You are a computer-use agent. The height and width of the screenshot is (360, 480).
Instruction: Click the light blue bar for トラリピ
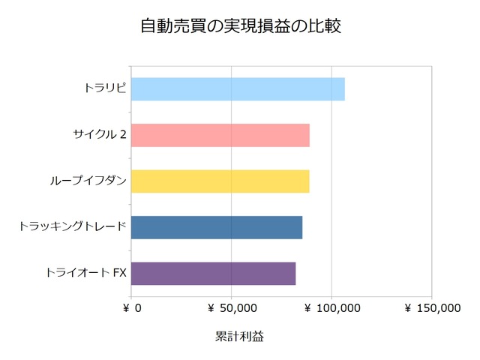(x=238, y=88)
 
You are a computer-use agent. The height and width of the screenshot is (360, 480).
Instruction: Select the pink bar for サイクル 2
(x=220, y=135)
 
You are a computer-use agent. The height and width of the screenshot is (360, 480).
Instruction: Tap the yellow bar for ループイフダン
(x=220, y=181)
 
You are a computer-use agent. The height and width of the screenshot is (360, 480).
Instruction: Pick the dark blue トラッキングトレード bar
(x=217, y=227)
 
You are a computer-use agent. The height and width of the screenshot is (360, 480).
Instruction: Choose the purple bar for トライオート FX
(x=214, y=273)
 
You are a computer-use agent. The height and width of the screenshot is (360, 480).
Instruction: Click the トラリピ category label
(x=105, y=88)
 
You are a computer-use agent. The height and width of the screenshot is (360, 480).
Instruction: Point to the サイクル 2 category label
(x=100, y=135)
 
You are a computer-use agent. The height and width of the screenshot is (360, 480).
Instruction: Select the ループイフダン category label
(x=88, y=181)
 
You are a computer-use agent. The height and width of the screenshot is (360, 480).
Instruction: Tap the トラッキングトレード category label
(x=73, y=227)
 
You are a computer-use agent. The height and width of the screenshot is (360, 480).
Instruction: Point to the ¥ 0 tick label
(x=131, y=307)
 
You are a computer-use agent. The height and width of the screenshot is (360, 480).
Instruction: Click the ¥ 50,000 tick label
(x=231, y=307)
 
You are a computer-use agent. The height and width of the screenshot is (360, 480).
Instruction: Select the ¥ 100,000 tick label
(x=331, y=307)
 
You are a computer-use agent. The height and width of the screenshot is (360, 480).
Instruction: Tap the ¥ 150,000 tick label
(x=432, y=307)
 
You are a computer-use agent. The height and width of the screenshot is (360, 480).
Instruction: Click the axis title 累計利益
(x=239, y=337)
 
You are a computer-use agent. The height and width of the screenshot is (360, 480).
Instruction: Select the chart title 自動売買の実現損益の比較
(x=240, y=26)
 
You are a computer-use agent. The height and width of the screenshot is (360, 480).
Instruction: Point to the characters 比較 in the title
(x=325, y=26)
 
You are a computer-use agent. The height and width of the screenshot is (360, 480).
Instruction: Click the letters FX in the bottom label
(x=120, y=273)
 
